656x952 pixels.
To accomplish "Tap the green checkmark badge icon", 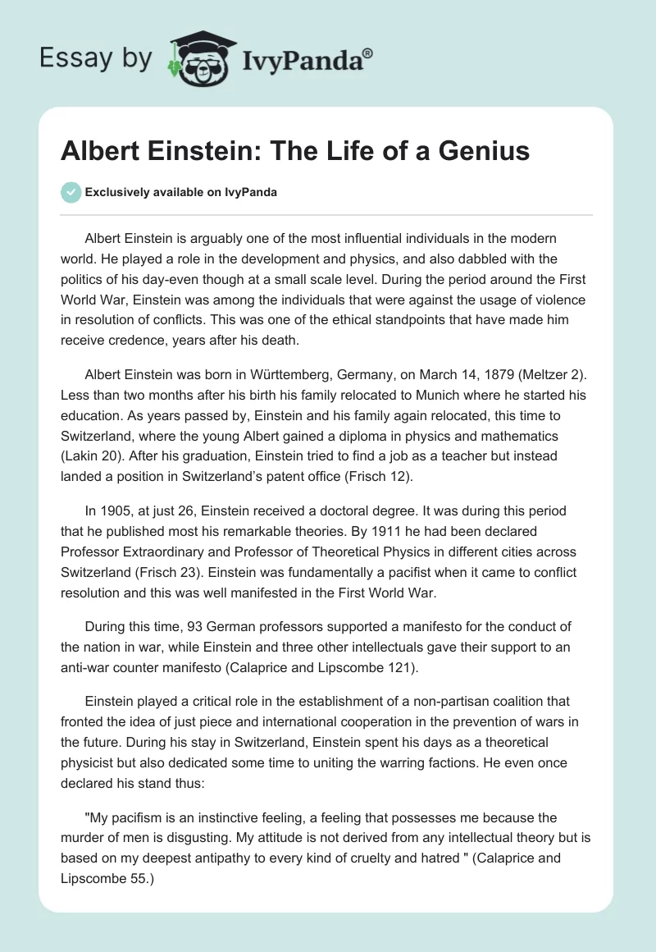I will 71,192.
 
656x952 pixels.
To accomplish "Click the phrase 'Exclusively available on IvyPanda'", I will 180,193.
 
